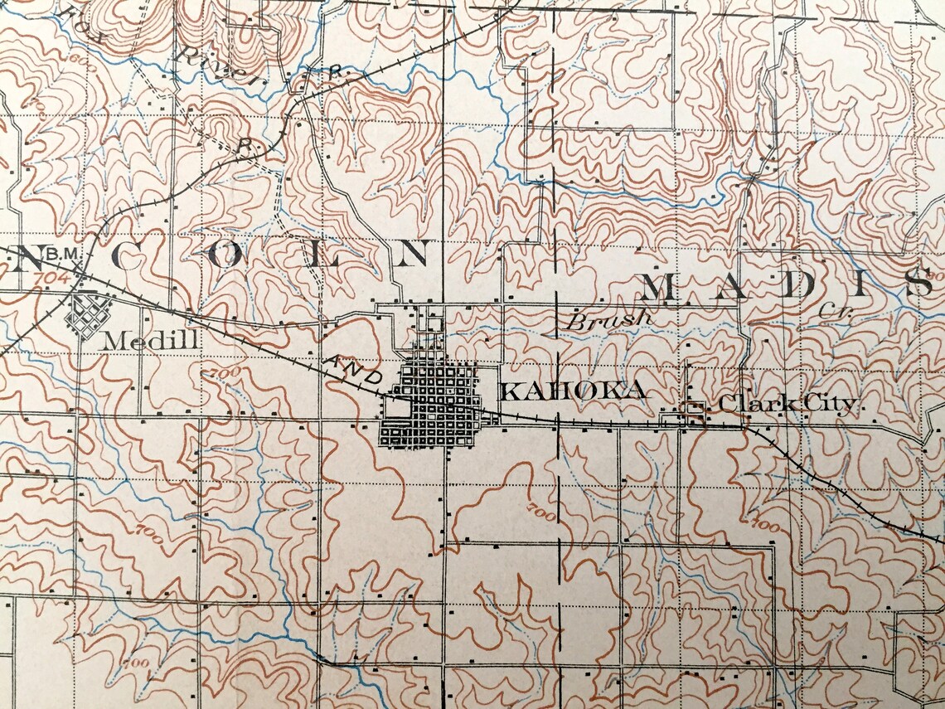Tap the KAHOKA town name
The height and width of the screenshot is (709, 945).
pyautogui.click(x=574, y=391)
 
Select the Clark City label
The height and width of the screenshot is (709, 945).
pyautogui.click(x=786, y=405)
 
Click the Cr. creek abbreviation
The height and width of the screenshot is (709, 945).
pyautogui.click(x=829, y=311)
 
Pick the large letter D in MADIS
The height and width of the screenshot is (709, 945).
pyautogui.click(x=796, y=285)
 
